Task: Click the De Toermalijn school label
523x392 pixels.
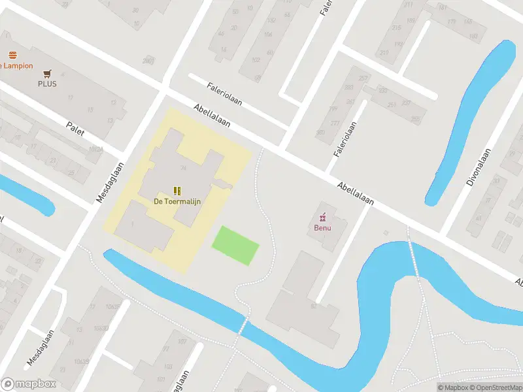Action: (177, 201)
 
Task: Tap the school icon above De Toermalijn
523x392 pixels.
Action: (177, 190)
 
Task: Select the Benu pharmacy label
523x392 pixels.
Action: (322, 228)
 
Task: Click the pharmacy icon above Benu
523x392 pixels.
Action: (322, 217)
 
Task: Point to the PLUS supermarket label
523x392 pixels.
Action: (47, 84)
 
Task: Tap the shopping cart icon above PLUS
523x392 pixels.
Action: (47, 73)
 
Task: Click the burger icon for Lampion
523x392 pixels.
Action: (12, 55)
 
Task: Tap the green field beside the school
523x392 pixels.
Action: (235, 245)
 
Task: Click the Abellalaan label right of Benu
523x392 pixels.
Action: (356, 193)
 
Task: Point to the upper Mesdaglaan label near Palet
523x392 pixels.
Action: (109, 181)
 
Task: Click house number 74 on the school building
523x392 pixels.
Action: (184, 169)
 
